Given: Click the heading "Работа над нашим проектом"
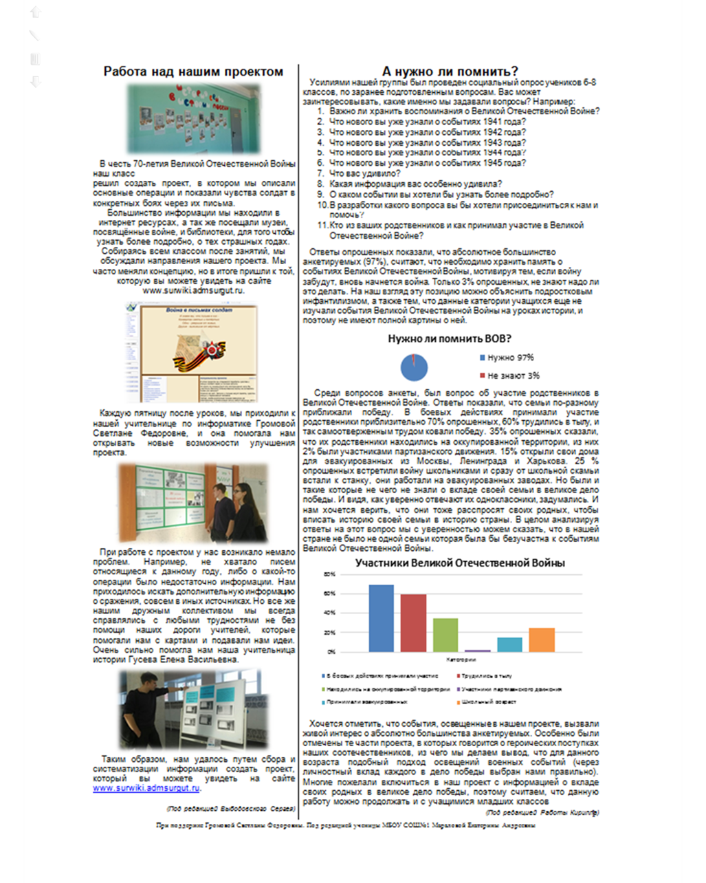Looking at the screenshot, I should coord(193,72).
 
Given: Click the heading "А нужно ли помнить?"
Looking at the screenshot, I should coord(450,72).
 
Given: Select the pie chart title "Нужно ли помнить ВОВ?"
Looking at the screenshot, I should coord(449,338).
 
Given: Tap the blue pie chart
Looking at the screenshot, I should coord(414,367).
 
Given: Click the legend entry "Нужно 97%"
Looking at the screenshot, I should coord(509,358).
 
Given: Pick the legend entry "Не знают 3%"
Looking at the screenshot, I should coord(512,375).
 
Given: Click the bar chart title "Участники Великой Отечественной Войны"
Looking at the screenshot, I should coord(459,563).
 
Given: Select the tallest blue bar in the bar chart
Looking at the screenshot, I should coord(381,618).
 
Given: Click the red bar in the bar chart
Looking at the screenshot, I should coord(413,622).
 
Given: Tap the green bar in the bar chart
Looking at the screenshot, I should coord(445,635).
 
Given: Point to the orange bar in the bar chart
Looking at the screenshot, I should coord(542,640).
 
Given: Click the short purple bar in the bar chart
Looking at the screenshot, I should coord(478,650).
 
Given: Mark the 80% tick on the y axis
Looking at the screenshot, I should coord(330,574).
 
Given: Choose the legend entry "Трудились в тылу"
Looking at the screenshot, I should coord(487,676).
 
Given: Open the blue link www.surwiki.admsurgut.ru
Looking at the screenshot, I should coord(146,788).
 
